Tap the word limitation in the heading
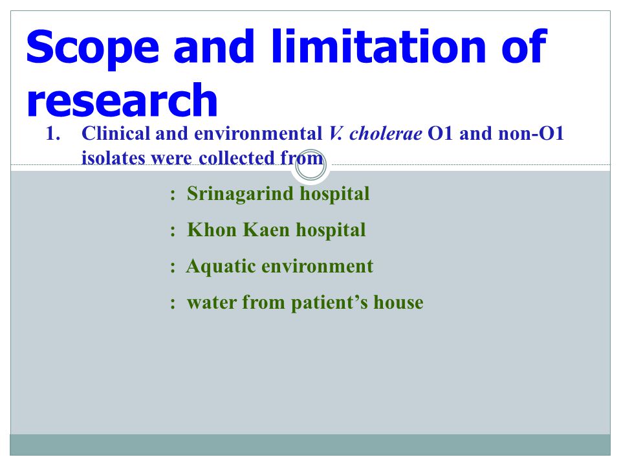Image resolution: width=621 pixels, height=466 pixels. click(378, 46)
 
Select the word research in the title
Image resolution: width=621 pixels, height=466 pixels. click(122, 100)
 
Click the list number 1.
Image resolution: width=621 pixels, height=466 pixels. click(53, 133)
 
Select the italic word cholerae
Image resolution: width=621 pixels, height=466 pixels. click(386, 133)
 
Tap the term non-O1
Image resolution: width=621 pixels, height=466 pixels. click(530, 133)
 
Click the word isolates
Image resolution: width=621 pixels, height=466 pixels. click(113, 158)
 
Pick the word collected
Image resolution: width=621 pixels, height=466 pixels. click(237, 158)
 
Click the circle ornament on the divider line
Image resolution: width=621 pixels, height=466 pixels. click(311, 166)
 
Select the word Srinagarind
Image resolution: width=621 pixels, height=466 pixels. click(240, 194)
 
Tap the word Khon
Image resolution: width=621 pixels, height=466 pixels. click(212, 230)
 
